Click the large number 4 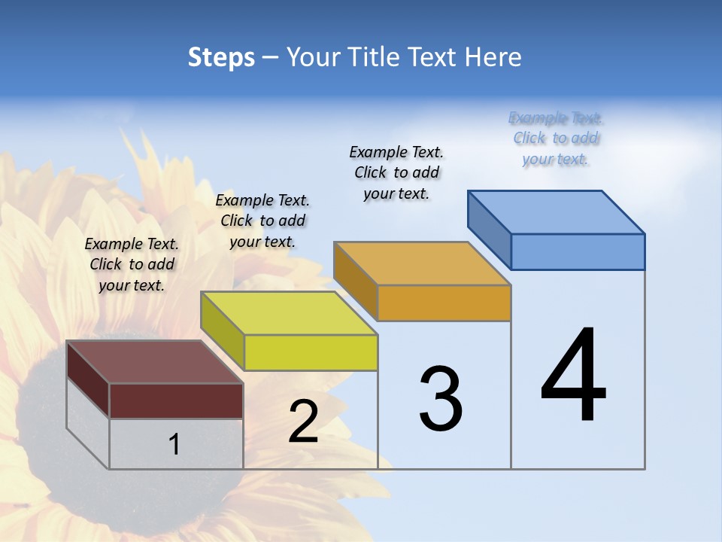(x=573, y=376)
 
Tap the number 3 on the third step (x=440, y=398)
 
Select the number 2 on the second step (x=303, y=421)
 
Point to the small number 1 (x=174, y=444)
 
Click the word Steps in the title (x=221, y=57)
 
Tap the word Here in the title (x=493, y=57)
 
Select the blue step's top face (x=556, y=212)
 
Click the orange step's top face (x=422, y=263)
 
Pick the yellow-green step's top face (x=289, y=313)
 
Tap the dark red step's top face (x=155, y=362)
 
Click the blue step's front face (x=578, y=251)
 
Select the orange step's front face (x=444, y=303)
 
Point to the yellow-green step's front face (x=311, y=352)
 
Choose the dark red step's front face (x=176, y=400)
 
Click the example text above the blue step (x=556, y=139)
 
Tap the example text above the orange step (x=396, y=172)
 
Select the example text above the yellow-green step (x=262, y=221)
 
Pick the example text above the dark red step (x=132, y=264)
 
